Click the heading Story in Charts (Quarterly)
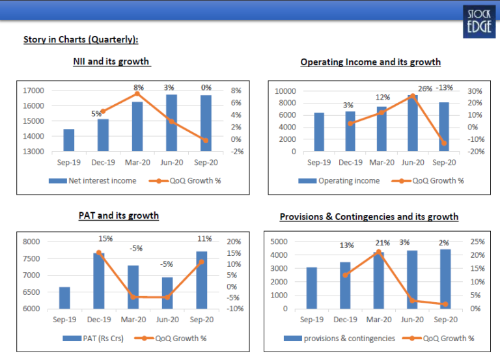(x=80, y=40)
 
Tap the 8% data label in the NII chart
(x=137, y=87)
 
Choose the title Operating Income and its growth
(x=370, y=62)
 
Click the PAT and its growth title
(x=118, y=215)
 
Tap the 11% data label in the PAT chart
(x=201, y=239)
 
